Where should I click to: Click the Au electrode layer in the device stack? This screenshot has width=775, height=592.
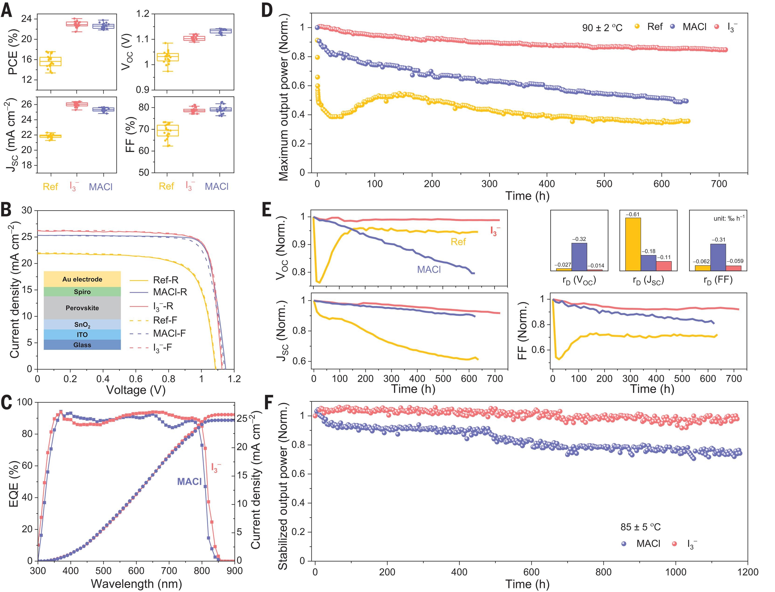coord(82,279)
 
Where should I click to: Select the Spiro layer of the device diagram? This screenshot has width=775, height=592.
coord(82,292)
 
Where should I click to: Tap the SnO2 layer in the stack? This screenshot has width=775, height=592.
coord(82,324)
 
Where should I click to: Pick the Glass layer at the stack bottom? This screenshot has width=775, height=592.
coord(82,345)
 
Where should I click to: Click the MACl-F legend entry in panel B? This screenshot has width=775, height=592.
coord(169,333)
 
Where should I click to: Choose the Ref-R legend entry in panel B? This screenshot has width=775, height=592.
coord(166,280)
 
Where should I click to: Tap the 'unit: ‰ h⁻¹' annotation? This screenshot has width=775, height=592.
coord(729,218)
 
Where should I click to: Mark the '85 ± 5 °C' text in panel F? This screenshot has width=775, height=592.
coord(640,527)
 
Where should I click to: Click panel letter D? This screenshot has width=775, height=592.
coord(267,10)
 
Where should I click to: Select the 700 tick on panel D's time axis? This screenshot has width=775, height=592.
coord(719,184)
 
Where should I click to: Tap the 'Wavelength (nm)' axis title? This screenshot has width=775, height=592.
coord(136,584)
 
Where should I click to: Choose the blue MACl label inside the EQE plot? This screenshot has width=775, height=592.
coord(189,481)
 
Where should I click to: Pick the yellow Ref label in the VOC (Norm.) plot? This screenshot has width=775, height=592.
coord(458,241)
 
